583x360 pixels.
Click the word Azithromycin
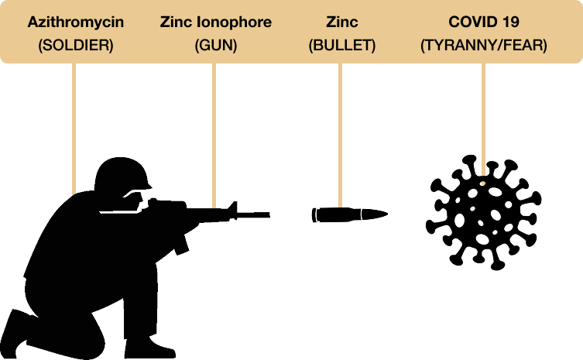(x=75, y=22)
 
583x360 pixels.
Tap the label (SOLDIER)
(x=75, y=46)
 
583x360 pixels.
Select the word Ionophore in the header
(x=234, y=22)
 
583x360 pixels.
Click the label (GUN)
(x=216, y=46)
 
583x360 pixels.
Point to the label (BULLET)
(x=341, y=46)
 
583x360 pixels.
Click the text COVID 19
(x=483, y=22)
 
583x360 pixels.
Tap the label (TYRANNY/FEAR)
(x=483, y=46)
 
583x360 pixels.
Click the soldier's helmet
(x=122, y=173)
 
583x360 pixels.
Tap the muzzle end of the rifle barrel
(x=269, y=215)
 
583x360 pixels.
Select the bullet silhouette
(x=349, y=215)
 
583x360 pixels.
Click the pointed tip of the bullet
(x=387, y=214)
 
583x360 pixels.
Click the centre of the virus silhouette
(x=483, y=213)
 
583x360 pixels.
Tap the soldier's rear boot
(x=15, y=331)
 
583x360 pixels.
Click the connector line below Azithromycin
(x=74, y=129)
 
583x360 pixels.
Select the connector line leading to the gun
(x=214, y=135)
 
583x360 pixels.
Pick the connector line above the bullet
(x=340, y=135)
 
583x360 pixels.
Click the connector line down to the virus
(x=483, y=119)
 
